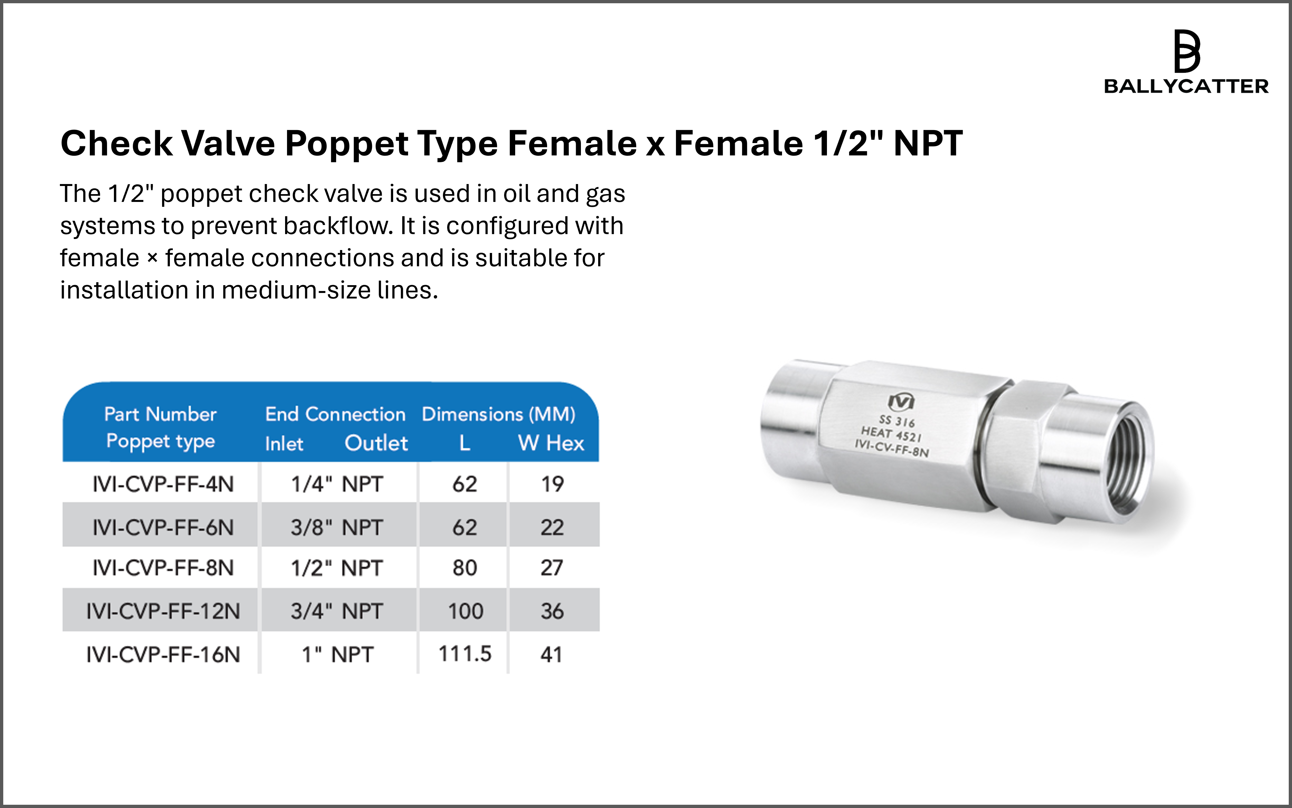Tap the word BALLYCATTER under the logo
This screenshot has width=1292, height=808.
pyautogui.click(x=1186, y=86)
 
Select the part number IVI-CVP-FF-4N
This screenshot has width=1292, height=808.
pyautogui.click(x=163, y=484)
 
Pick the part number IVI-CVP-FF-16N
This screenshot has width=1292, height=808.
pyautogui.click(x=163, y=655)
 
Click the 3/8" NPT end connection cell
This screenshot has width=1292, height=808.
pyautogui.click(x=337, y=527)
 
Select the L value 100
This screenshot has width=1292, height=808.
pyautogui.click(x=465, y=611)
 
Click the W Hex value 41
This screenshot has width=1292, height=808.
pyautogui.click(x=551, y=655)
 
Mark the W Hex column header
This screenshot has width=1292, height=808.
pyautogui.click(x=551, y=443)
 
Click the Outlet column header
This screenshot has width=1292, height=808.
pyautogui.click(x=377, y=443)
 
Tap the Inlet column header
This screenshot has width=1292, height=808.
pyautogui.click(x=284, y=444)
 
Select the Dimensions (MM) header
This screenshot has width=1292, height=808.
pyautogui.click(x=498, y=414)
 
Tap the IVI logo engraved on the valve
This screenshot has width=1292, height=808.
pyautogui.click(x=901, y=401)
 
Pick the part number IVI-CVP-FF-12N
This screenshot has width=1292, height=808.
pyautogui.click(x=163, y=611)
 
